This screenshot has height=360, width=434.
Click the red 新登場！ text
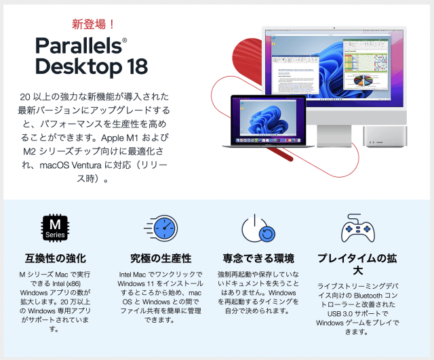(94, 24)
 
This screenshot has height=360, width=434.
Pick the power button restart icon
(258, 228)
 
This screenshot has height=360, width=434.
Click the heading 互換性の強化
(56, 258)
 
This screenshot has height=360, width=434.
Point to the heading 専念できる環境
(258, 258)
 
